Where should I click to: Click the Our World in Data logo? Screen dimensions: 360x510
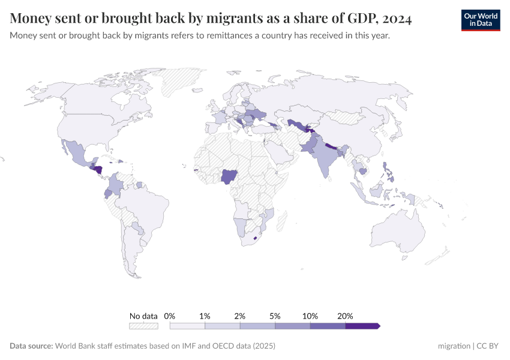pos(480,19)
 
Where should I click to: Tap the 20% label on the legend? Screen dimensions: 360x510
pos(345,316)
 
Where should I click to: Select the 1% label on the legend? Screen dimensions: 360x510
pos(205,316)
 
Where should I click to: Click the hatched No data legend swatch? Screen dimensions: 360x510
pos(143,326)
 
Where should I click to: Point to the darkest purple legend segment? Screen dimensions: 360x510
pos(362,326)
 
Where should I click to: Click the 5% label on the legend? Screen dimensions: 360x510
pos(275,316)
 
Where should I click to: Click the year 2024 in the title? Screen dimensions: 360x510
pos(395,19)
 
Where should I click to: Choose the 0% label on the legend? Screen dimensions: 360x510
pos(169,316)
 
